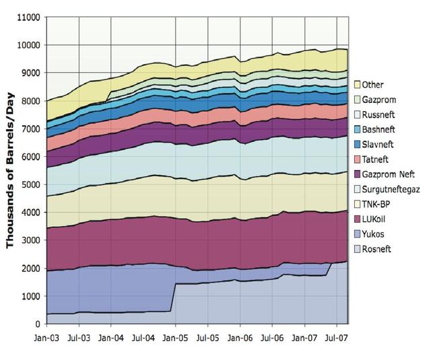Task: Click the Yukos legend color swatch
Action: (356, 234)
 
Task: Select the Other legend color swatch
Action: (356, 84)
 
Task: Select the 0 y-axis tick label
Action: (39, 324)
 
